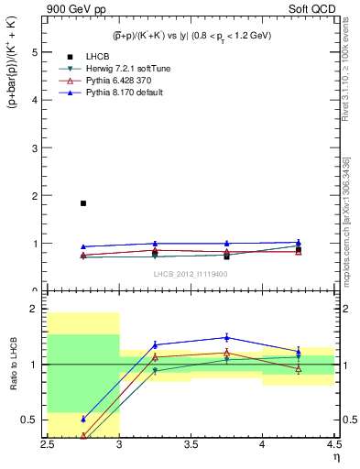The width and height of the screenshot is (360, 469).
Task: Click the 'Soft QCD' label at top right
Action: (313, 8)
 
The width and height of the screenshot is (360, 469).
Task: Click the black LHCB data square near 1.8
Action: (83, 203)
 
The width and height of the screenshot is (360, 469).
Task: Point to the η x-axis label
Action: (334, 457)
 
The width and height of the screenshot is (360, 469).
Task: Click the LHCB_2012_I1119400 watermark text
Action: (191, 273)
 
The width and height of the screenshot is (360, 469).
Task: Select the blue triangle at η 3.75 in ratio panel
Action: (226, 337)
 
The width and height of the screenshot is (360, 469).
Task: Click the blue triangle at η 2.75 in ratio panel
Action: (83, 419)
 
